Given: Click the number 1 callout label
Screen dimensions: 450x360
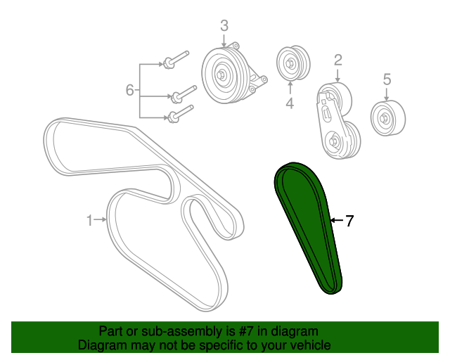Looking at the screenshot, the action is pos(89,221).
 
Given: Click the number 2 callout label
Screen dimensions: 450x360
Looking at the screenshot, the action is pos(338,60).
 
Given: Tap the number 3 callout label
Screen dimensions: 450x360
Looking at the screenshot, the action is pos(224,25).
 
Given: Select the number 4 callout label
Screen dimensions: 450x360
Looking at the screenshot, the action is pos(290,103).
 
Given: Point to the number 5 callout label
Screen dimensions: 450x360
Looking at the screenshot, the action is pos(387,79).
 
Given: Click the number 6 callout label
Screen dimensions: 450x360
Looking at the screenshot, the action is pos(129,90).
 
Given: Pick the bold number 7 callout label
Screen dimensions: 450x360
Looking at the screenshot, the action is pos(349,221).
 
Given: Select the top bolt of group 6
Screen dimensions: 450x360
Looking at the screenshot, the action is pos(176,60).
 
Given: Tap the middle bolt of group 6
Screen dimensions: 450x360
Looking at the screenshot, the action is pos(184,94).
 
